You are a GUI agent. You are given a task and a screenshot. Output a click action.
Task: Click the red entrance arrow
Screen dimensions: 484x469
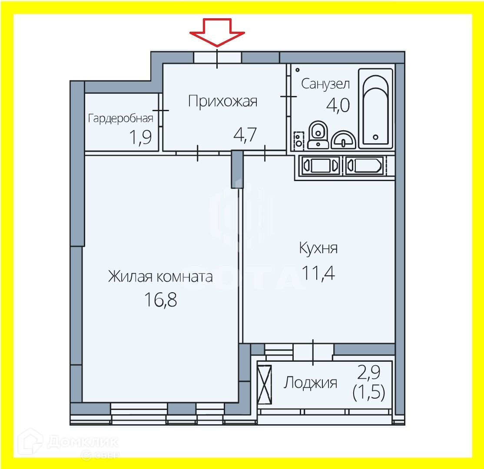click(217, 36)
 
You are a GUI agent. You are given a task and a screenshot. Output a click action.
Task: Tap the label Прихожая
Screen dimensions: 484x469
click(222, 102)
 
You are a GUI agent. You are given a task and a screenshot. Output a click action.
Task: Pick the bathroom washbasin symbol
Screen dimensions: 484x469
click(343, 140)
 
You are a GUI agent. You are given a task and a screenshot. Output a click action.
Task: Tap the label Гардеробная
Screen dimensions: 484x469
click(121, 118)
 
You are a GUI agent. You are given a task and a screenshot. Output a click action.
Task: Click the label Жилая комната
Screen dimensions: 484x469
click(160, 277)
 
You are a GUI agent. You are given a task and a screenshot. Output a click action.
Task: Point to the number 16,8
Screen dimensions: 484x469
click(160, 299)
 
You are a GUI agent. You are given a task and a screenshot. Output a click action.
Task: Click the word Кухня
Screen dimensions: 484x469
click(318, 249)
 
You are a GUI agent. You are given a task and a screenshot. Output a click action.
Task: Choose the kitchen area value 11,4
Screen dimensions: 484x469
click(318, 274)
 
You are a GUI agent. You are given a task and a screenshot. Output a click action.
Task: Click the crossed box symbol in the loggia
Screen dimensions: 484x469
click(264, 384)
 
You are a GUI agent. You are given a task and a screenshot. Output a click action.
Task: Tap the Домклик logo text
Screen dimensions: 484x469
click(83, 442)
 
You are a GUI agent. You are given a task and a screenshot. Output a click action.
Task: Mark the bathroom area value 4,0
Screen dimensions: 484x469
click(338, 106)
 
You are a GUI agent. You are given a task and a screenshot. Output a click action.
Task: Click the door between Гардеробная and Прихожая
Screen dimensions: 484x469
click(161, 111)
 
